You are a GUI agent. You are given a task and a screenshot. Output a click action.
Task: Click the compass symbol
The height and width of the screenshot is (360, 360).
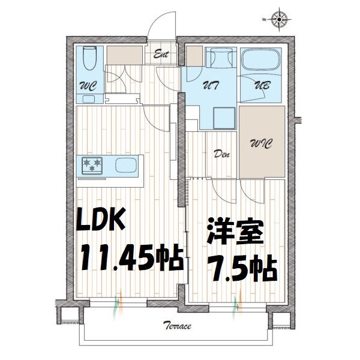[279, 19]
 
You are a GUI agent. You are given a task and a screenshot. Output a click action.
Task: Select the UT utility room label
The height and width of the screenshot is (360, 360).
[211, 85]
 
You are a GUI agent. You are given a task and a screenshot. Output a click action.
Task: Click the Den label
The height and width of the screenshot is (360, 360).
[222, 153]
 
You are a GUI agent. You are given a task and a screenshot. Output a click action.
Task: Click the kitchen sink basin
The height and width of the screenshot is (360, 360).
[126, 165]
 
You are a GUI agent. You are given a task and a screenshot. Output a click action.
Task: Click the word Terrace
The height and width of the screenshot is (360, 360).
[177, 326]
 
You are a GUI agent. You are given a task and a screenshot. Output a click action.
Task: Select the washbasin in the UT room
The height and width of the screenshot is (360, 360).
[215, 60]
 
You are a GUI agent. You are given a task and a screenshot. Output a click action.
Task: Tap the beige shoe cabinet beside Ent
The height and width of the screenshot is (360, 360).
[125, 55]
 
